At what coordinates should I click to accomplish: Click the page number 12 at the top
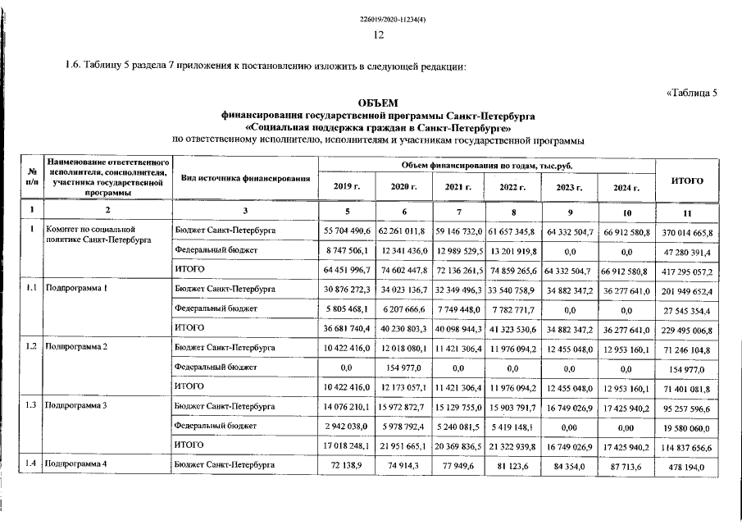pos(379,35)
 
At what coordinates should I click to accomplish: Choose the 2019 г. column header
pos(348,187)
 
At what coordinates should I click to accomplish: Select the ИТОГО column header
pos(687,180)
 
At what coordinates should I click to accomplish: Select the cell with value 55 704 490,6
pos(348,232)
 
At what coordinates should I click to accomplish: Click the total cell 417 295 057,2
pos(687,271)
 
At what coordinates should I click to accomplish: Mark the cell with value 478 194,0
pos(687,468)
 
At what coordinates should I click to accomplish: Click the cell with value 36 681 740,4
pos(348,329)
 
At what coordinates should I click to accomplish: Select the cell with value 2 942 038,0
pos(348,427)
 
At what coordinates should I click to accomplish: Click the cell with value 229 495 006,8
pos(687,330)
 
